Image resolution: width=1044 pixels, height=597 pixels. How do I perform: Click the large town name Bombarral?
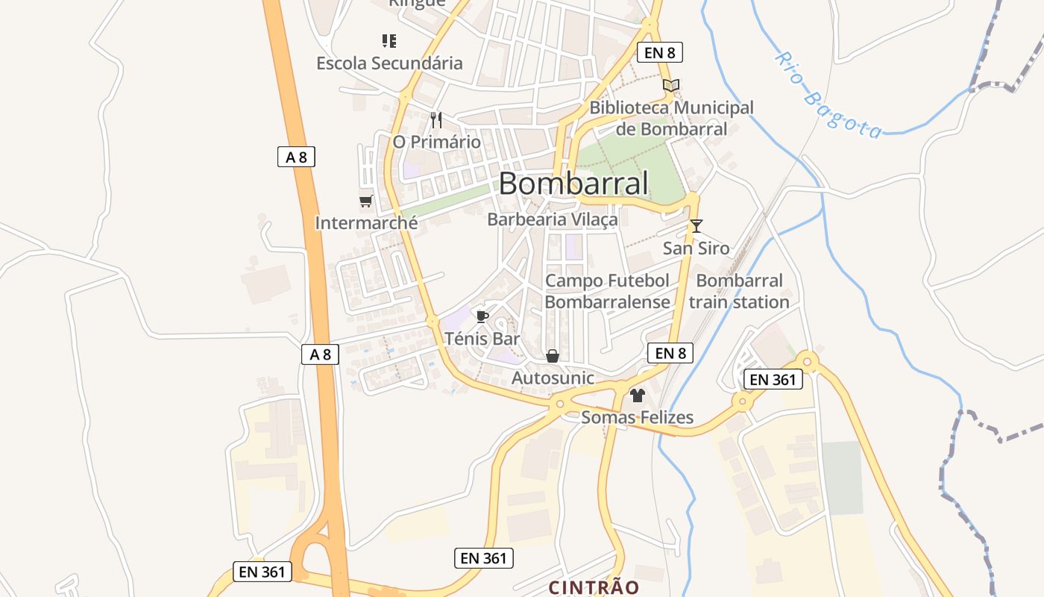pyautogui.click(x=573, y=184)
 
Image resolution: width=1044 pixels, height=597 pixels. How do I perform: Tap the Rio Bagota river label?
pyautogui.click(x=828, y=95)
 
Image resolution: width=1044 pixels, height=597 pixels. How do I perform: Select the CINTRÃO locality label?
pyautogui.click(x=594, y=587)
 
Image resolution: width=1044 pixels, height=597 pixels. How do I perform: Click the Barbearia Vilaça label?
pyautogui.click(x=553, y=219)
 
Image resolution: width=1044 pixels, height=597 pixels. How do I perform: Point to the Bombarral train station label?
pyautogui.click(x=739, y=292)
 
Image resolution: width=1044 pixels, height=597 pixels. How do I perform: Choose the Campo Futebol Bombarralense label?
pyautogui.click(x=608, y=292)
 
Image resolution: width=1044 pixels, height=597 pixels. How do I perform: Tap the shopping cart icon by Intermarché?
pyautogui.click(x=365, y=201)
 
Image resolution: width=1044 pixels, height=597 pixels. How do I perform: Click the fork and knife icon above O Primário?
pyautogui.click(x=436, y=119)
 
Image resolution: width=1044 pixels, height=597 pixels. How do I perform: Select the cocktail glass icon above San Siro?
pyautogui.click(x=696, y=225)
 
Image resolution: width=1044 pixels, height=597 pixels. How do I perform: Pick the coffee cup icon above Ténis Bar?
pyautogui.click(x=482, y=316)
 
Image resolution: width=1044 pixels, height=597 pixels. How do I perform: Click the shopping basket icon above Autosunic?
pyautogui.click(x=553, y=356)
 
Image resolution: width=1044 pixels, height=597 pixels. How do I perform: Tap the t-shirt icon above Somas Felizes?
pyautogui.click(x=637, y=395)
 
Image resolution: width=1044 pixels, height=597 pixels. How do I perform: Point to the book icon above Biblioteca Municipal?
pyautogui.click(x=671, y=86)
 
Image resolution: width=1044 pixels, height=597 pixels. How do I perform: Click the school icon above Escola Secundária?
pyautogui.click(x=389, y=40)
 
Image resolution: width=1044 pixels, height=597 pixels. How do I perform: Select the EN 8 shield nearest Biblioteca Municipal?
pyautogui.click(x=660, y=52)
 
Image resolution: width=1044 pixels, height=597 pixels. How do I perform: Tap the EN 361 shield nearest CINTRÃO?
pyautogui.click(x=483, y=557)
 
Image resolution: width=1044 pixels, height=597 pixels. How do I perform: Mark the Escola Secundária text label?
pyautogui.click(x=389, y=63)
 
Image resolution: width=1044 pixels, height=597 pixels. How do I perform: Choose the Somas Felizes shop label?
pyautogui.click(x=638, y=417)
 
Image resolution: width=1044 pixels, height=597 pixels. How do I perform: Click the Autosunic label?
pyautogui.click(x=553, y=378)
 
